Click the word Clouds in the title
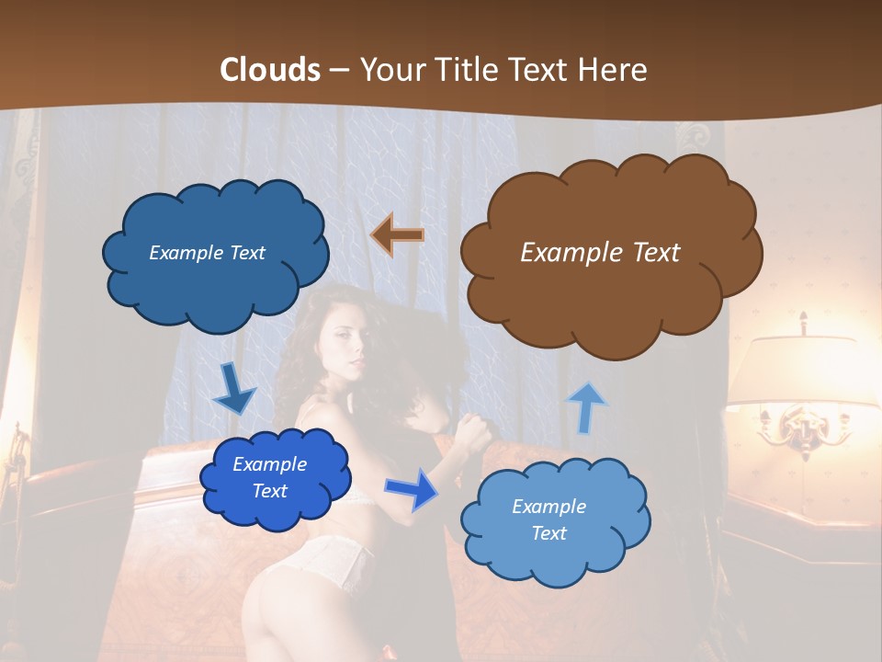pos(269,70)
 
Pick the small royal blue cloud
pos(274,478)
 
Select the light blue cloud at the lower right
pos(554,521)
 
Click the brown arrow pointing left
pos(397,235)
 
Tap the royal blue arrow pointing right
pos(413,489)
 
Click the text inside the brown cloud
pos(600,253)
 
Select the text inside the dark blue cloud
pos(207,253)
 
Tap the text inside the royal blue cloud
pos(269,478)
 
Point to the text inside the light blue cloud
pos(548,519)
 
